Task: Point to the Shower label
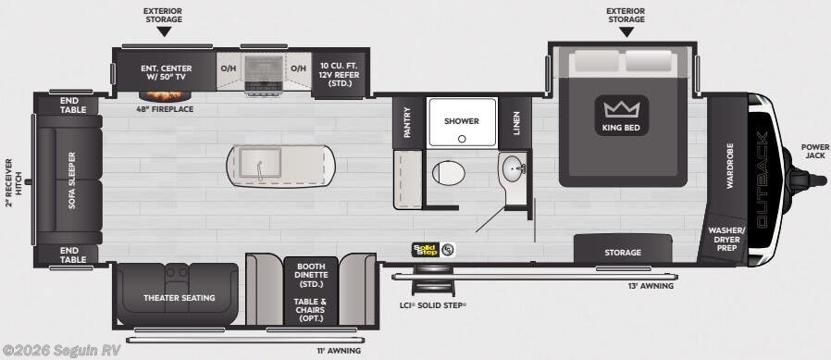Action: point(462,121)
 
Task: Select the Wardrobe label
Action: point(729,167)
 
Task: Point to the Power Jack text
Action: point(815,151)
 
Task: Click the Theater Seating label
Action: point(180,298)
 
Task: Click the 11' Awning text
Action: point(339,351)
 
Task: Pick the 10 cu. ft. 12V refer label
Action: point(340,74)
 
